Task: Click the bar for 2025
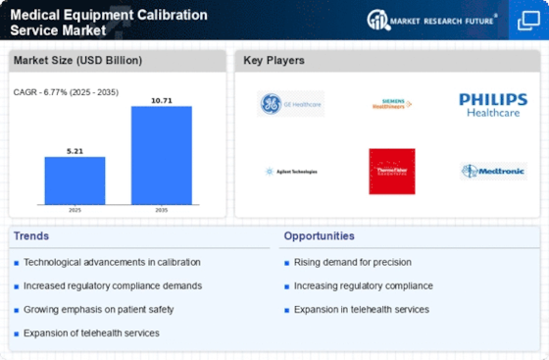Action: (x=75, y=180)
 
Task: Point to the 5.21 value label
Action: (x=75, y=150)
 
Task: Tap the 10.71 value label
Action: (x=162, y=100)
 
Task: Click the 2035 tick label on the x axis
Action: (x=162, y=210)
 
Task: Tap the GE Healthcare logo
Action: (x=290, y=103)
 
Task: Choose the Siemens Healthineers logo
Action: (x=392, y=103)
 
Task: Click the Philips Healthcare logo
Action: (x=493, y=103)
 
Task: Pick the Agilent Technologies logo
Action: (x=290, y=171)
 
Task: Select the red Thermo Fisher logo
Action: (x=392, y=171)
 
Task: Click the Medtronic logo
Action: (x=493, y=171)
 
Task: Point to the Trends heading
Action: (x=32, y=236)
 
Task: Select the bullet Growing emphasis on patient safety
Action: (x=93, y=309)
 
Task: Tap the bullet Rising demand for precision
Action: (x=353, y=262)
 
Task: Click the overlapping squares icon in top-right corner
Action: (x=526, y=20)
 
